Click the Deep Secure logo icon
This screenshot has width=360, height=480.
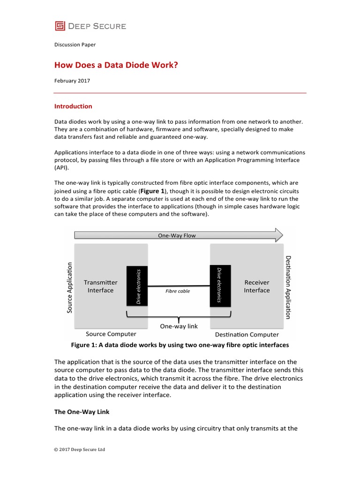tap(60, 26)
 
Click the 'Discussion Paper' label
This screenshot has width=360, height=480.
tap(75, 45)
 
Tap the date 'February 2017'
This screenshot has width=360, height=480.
tap(72, 81)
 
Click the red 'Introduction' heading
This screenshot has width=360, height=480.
tap(74, 106)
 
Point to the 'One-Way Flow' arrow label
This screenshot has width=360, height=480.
tap(177, 235)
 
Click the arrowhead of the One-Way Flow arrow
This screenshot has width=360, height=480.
tap(278, 235)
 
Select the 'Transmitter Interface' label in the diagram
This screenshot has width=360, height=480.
tap(101, 286)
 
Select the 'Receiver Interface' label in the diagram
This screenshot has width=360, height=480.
tap(257, 286)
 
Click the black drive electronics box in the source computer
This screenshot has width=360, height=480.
tap(138, 286)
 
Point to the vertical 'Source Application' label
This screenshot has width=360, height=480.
tap(69, 286)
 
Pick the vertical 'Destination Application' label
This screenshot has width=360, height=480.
tap(288, 287)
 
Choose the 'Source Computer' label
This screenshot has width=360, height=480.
tap(111, 334)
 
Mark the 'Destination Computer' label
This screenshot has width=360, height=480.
tap(247, 335)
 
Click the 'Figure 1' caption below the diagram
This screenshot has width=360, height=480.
tap(180, 345)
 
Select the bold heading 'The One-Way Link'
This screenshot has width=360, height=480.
tap(82, 412)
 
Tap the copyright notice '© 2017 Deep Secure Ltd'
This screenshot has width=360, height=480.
tap(80, 450)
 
